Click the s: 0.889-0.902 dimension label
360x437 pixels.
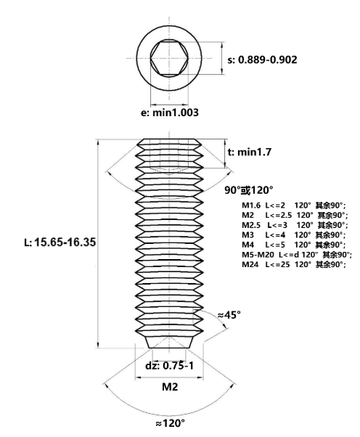[x=262, y=60]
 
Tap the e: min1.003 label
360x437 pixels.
[x=170, y=113]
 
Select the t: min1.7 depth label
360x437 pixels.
[x=250, y=152]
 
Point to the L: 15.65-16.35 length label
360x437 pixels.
[x=60, y=242]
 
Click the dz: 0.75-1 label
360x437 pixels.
[x=169, y=365]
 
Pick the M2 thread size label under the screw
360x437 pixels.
[x=170, y=387]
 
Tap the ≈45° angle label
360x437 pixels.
[x=229, y=315]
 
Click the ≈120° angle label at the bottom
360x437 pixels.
[x=170, y=423]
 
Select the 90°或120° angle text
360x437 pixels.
[x=248, y=190]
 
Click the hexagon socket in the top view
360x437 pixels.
[x=169, y=58]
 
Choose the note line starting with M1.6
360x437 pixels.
[x=293, y=205]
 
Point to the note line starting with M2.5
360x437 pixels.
[x=295, y=225]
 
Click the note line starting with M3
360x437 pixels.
[x=293, y=235]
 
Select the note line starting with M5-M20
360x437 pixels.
[x=297, y=255]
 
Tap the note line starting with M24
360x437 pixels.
[x=294, y=264]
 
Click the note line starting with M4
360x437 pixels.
[x=293, y=245]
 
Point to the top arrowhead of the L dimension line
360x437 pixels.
[x=98, y=142]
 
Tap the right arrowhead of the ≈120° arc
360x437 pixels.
[x=232, y=386]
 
